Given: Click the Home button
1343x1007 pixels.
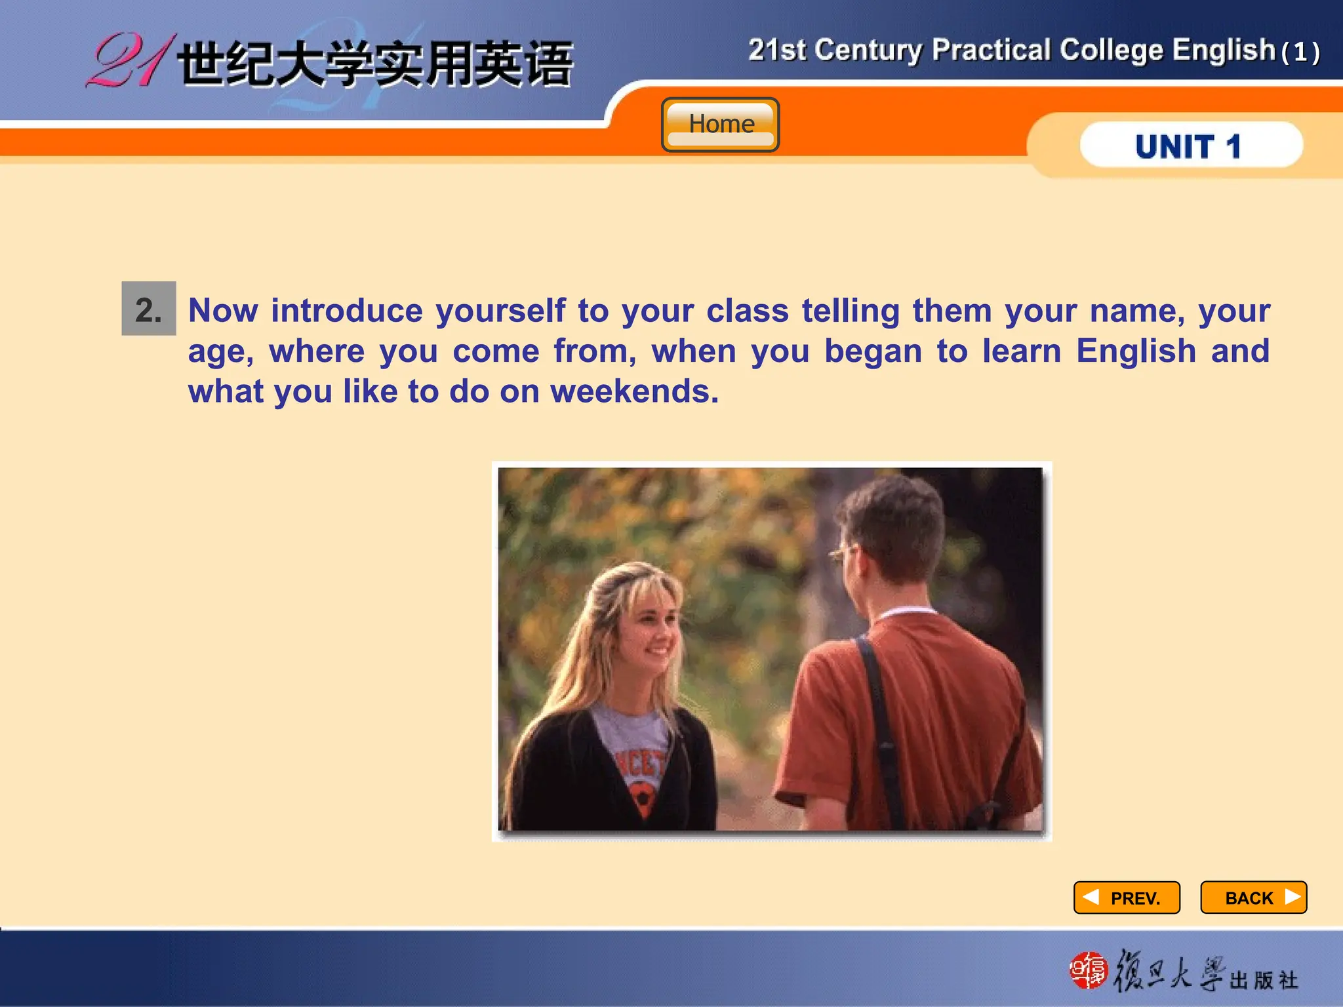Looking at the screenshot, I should coord(720,125).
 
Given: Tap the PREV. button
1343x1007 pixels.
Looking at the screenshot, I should coord(1127,898).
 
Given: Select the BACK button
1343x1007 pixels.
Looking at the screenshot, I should coord(1253,898).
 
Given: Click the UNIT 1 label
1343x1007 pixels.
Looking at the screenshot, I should coord(1188,146).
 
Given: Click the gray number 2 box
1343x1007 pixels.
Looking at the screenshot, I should coord(149,309).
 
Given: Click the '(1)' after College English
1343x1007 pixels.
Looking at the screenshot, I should coord(1300,52).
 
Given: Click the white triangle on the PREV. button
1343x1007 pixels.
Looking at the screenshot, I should coord(1091,896).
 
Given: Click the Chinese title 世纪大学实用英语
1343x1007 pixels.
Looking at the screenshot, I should coord(375,64).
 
